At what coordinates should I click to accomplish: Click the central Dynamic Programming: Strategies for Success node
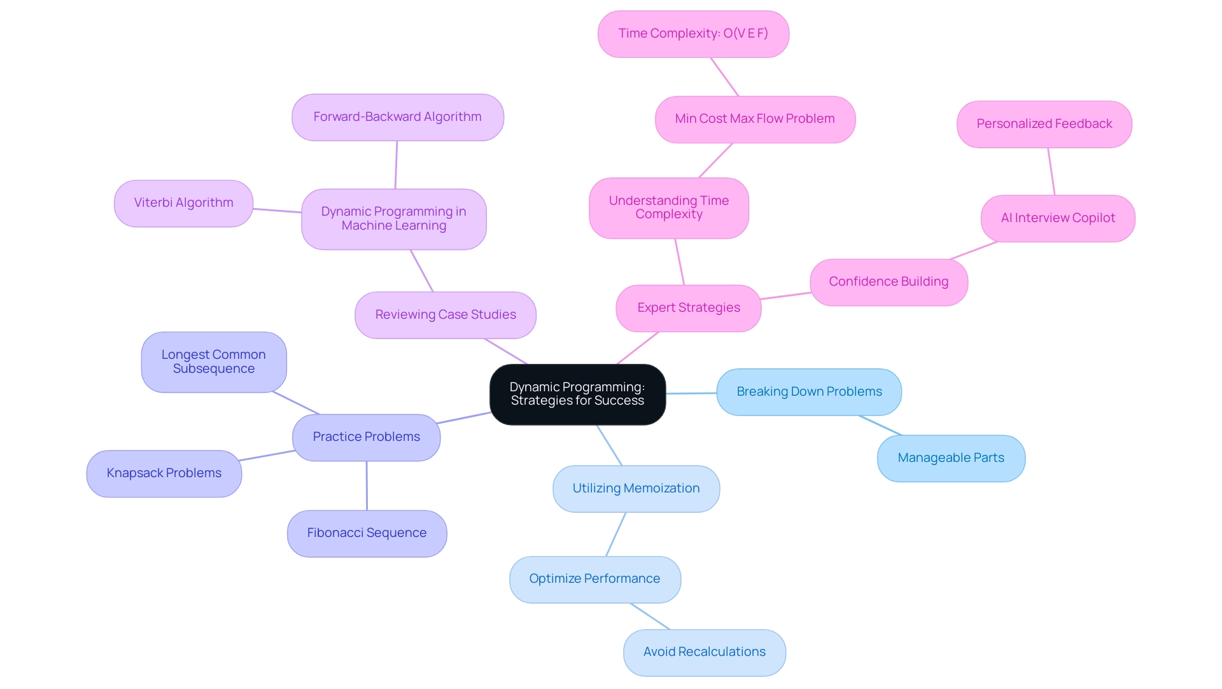(x=577, y=394)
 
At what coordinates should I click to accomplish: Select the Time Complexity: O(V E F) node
(x=693, y=34)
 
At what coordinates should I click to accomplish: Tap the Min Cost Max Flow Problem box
(x=755, y=119)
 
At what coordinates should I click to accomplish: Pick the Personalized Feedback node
(x=1044, y=124)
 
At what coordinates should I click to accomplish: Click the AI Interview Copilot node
(x=1058, y=218)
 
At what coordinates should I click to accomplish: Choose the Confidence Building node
(x=888, y=282)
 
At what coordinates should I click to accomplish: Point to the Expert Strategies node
(x=688, y=308)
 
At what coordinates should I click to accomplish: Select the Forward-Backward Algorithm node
(x=397, y=117)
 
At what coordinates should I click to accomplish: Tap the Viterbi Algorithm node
(x=183, y=203)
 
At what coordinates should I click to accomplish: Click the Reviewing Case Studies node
(x=445, y=315)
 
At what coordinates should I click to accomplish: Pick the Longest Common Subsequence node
(x=213, y=361)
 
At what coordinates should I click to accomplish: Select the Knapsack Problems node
(x=164, y=473)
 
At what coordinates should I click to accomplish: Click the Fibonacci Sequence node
(x=367, y=533)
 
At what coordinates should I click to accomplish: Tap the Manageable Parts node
(x=951, y=458)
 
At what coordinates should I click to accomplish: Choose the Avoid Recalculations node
(x=704, y=652)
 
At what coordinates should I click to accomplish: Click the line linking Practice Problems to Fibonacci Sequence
(x=367, y=485)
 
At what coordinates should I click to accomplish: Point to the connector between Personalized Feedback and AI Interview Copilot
(x=1051, y=171)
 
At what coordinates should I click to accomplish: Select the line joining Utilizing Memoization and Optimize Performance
(x=615, y=534)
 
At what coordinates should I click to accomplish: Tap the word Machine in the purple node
(x=365, y=226)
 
